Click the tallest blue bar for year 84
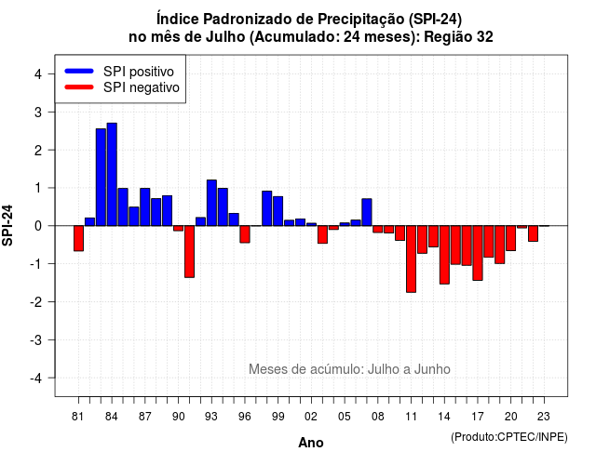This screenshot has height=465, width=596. pyautogui.click(x=112, y=174)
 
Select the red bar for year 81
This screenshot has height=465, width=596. pyautogui.click(x=78, y=238)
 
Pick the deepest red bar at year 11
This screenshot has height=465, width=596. pyautogui.click(x=411, y=259)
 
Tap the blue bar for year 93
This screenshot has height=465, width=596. pyautogui.click(x=211, y=203)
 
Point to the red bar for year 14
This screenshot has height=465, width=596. pyautogui.click(x=444, y=255)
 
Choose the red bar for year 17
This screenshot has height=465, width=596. pyautogui.click(x=478, y=253)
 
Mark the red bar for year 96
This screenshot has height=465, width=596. pyautogui.click(x=245, y=234)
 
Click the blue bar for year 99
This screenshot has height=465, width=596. pyautogui.click(x=278, y=211)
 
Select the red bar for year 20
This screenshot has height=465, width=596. pyautogui.click(x=511, y=238)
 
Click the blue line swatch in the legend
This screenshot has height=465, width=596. pyautogui.click(x=79, y=71)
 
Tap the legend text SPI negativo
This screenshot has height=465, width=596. pyautogui.click(x=142, y=87)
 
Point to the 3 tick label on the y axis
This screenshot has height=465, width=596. pyautogui.click(x=37, y=112)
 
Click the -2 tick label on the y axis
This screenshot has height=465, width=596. pyautogui.click(x=35, y=301)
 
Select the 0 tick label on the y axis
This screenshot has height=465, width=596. pyautogui.click(x=37, y=226)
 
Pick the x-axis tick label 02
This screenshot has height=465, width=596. pyautogui.click(x=311, y=417)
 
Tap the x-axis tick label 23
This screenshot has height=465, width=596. pyautogui.click(x=544, y=417)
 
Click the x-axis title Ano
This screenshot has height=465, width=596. pyautogui.click(x=311, y=443)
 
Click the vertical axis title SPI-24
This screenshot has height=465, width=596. pyautogui.click(x=7, y=225)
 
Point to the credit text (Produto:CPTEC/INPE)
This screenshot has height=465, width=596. pyautogui.click(x=509, y=437)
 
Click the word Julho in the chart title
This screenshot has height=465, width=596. pyautogui.click(x=225, y=37)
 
